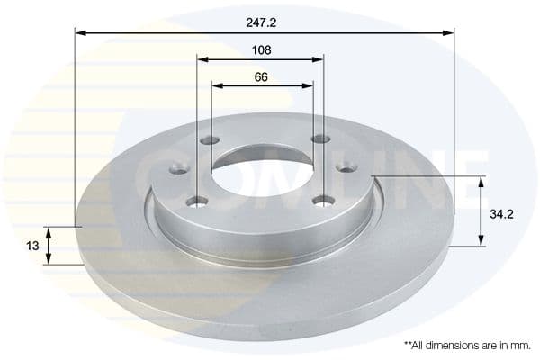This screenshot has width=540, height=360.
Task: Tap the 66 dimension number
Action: tap(261, 76)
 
